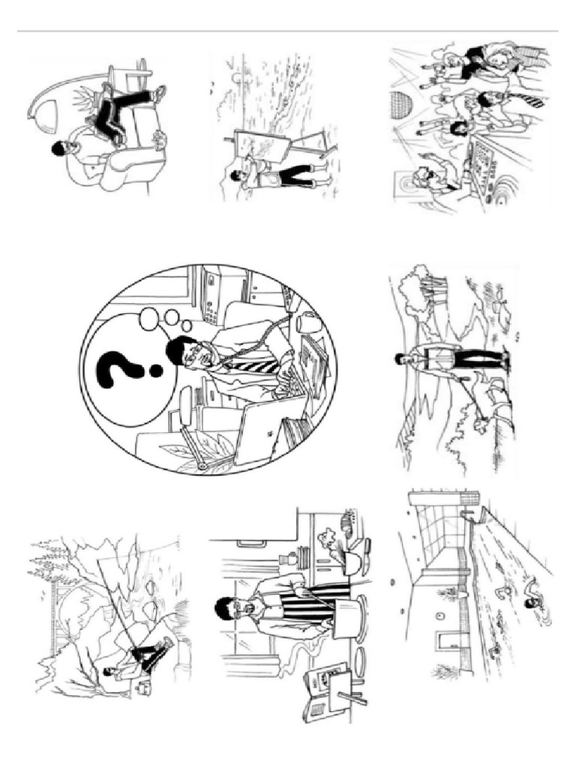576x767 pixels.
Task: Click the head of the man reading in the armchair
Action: point(60,150)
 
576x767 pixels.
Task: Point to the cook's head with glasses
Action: point(225,608)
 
